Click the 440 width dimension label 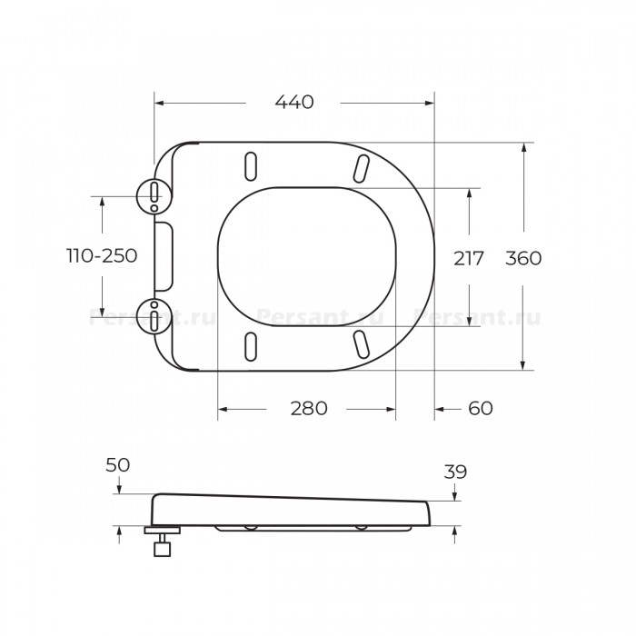click(294, 102)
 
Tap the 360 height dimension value click(523, 258)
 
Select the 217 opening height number click(469, 258)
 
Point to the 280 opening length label click(309, 409)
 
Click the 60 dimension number click(481, 409)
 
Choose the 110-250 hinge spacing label click(102, 256)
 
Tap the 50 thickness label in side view click(117, 465)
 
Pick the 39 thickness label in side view click(455, 472)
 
